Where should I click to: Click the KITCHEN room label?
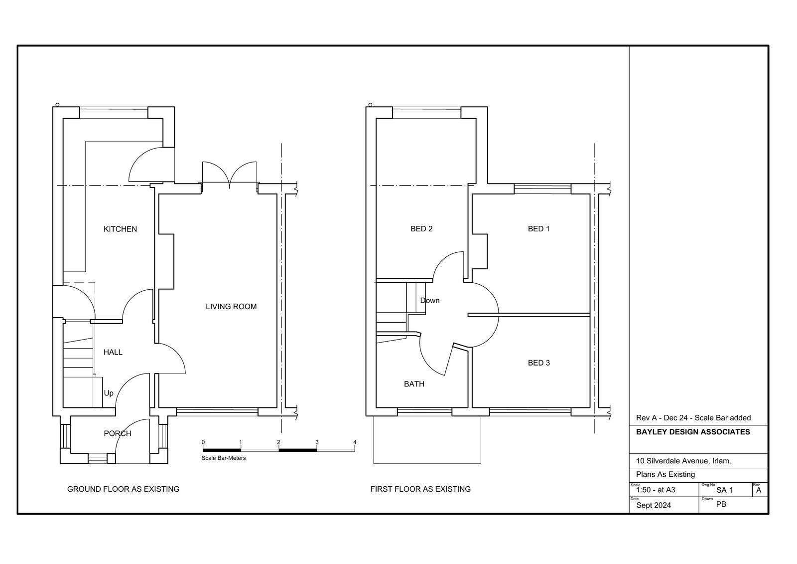pos(120,229)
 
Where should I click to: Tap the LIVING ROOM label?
pos(231,306)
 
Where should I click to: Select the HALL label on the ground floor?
pos(113,353)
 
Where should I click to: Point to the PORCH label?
pos(118,434)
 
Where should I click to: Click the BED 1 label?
pos(538,229)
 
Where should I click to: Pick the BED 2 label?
pos(421,229)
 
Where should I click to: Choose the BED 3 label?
pos(538,363)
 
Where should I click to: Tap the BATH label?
pos(414,384)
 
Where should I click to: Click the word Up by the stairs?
pos(109,393)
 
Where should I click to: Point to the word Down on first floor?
pos(430,300)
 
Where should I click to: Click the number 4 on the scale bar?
pos(355,442)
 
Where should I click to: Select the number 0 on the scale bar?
pos(203,442)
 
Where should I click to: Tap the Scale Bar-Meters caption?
pos(224,458)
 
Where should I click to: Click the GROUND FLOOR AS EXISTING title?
pos(123,489)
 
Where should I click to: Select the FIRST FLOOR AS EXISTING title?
pos(420,489)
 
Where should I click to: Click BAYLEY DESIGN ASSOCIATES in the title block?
pos(693,432)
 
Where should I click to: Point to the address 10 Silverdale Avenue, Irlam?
pos(683,461)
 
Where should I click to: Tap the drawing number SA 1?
pos(724,490)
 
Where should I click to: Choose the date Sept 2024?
pos(654,505)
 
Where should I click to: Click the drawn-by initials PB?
pos(721,504)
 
